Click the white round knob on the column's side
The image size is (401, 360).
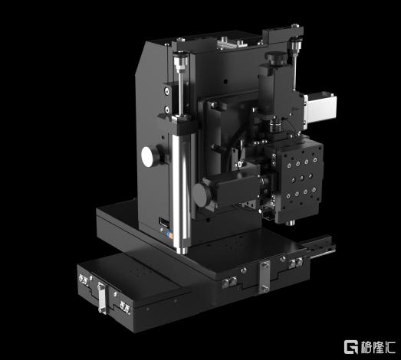(148, 157)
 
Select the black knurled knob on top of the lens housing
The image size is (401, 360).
(275, 58)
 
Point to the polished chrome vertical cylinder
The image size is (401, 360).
(181, 191)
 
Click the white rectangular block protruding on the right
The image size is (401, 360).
(320, 107)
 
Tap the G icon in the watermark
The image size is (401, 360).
(351, 347)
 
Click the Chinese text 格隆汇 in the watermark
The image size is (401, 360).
(378, 347)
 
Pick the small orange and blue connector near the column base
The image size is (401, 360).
(169, 235)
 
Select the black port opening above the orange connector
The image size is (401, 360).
(164, 222)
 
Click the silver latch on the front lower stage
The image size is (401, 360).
(101, 298)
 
